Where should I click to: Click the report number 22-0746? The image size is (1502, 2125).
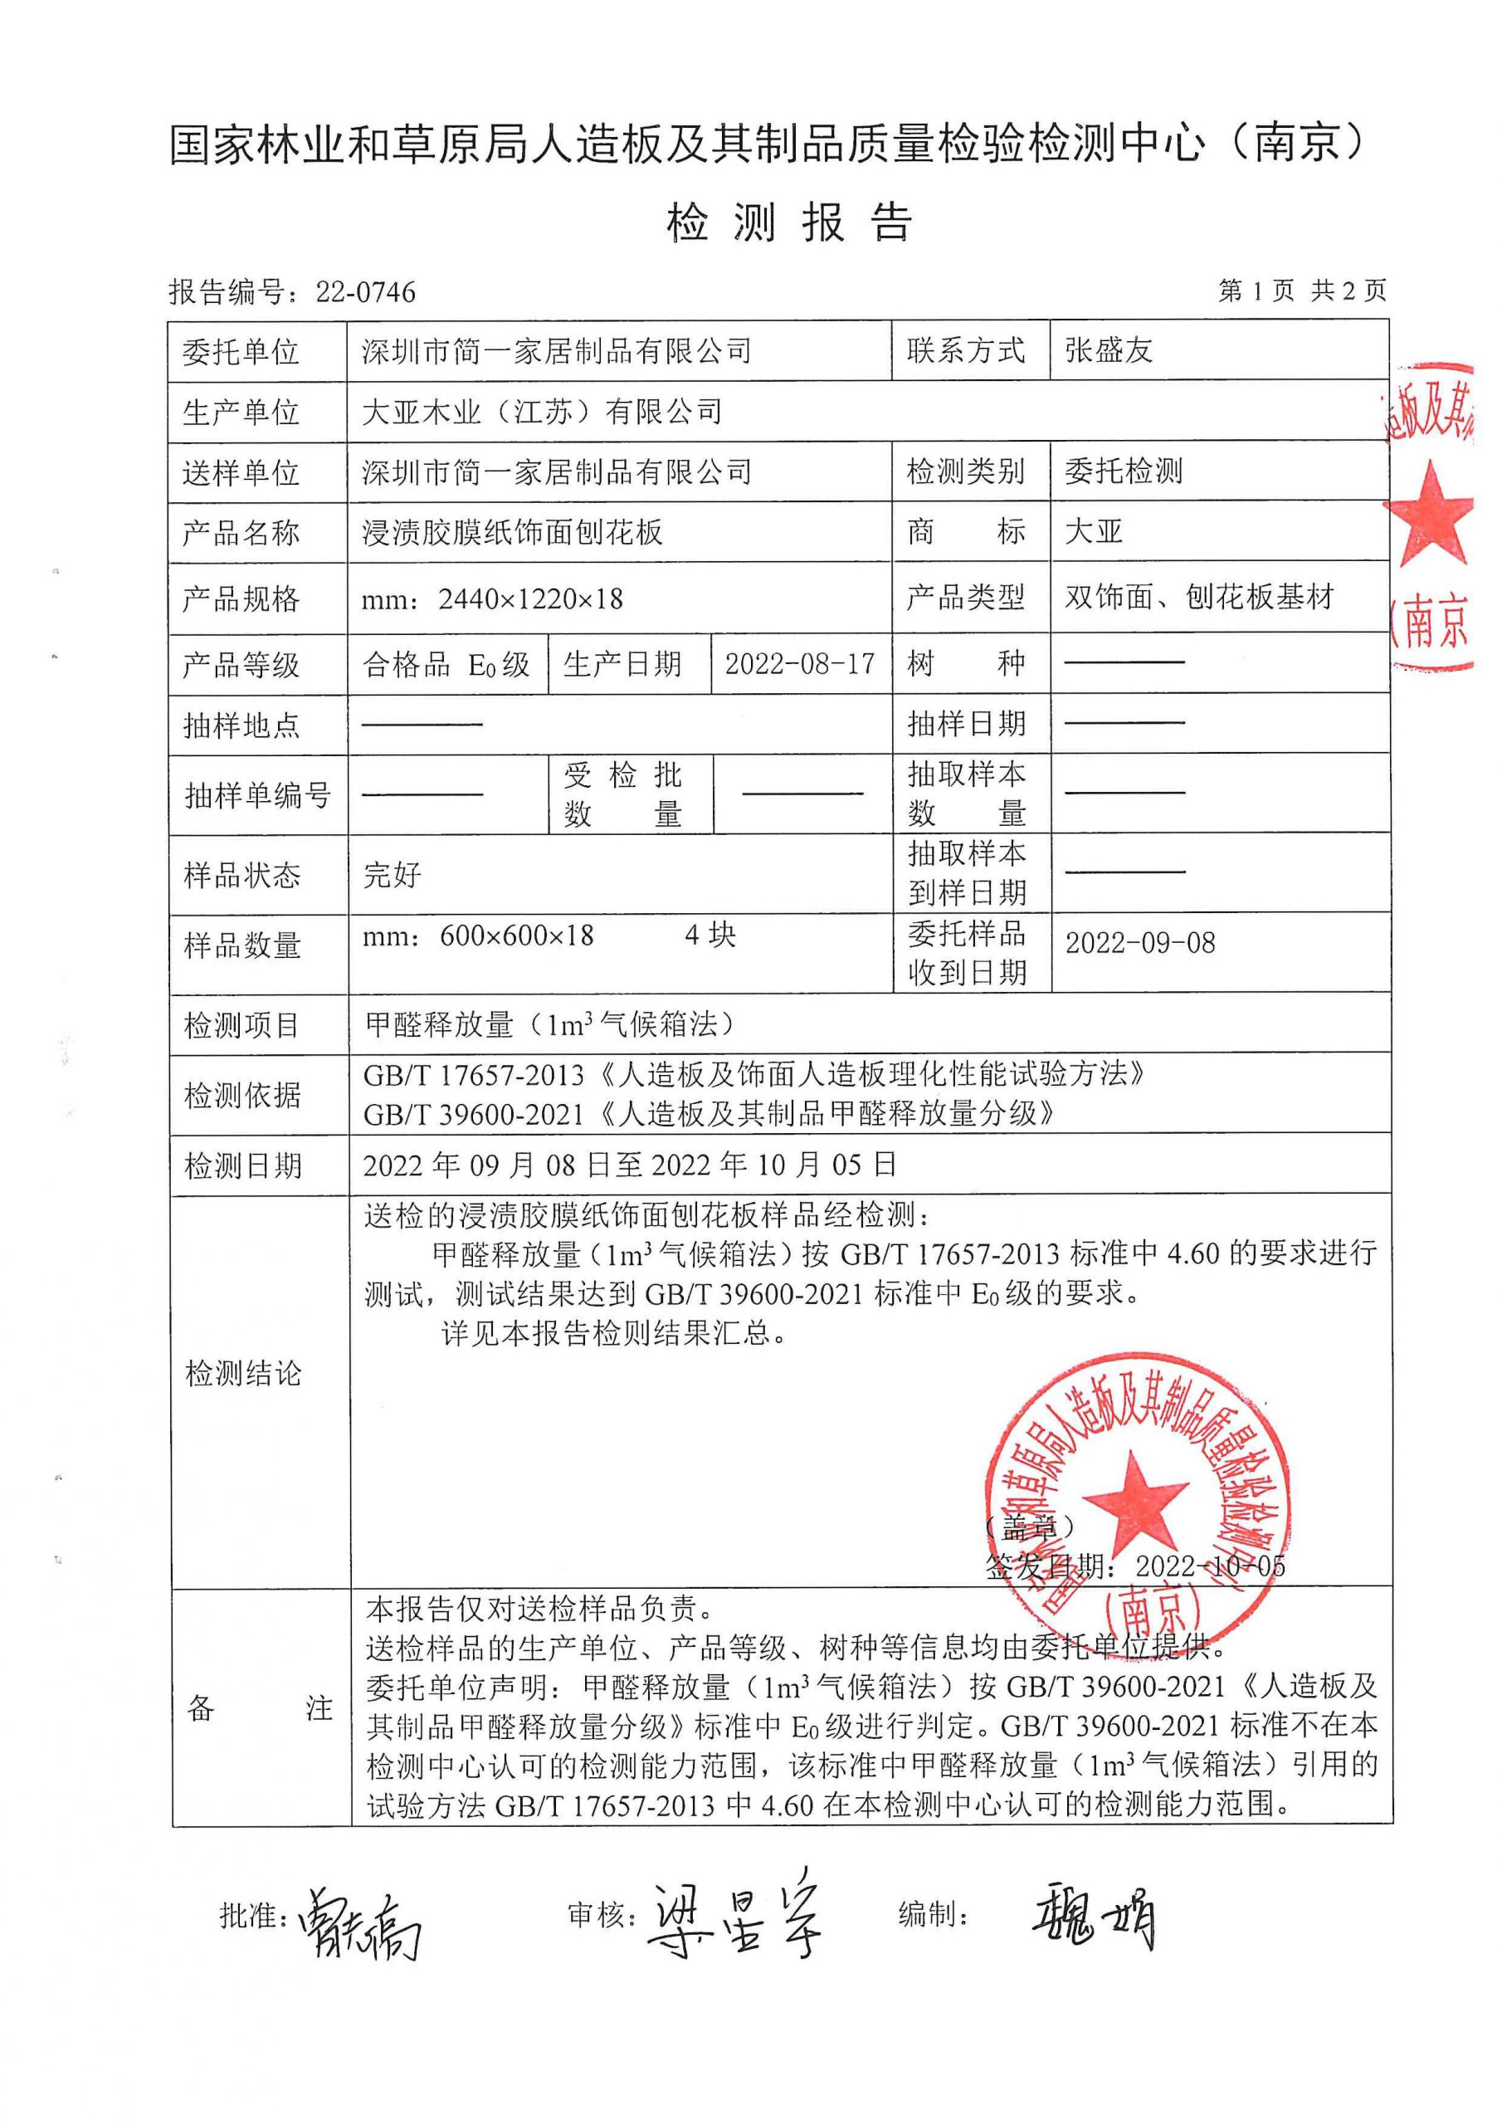point(366,292)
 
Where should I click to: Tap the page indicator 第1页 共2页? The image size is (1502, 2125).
point(1301,291)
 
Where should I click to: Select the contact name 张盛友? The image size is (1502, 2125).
point(1109,351)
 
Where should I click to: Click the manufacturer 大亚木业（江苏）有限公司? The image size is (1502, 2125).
point(541,412)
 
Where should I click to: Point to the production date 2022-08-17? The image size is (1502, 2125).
point(800,663)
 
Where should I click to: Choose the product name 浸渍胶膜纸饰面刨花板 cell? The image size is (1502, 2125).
point(512,532)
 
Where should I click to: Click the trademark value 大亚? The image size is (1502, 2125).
point(1094,532)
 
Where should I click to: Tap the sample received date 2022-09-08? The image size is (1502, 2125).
point(1140,943)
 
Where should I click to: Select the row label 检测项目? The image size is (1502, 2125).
point(241,1025)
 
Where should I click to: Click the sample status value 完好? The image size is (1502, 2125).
point(393,875)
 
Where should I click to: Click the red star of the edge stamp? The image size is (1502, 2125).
point(1431,515)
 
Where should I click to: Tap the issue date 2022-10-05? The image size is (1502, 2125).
point(1211,1566)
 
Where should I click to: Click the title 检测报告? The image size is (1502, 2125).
point(789,223)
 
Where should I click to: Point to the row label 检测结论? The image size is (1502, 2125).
point(243,1374)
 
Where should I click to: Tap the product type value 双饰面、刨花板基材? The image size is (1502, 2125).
point(1198,598)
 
